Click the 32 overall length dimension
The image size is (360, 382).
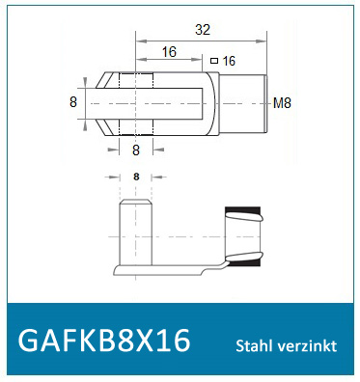pos(202,30)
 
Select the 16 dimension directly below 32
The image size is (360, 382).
pos(169,52)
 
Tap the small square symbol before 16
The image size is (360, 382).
pos(214,61)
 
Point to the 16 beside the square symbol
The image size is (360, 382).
pos(229,61)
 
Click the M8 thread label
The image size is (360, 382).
pos(283,102)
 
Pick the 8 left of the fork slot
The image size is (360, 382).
pos(72,101)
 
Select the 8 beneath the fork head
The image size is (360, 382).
pos(135,150)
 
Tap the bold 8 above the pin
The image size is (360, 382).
pos(135,177)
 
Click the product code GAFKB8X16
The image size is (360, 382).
pos(104,341)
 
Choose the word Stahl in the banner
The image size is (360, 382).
pos(255,345)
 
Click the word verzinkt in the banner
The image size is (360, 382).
pos(308,345)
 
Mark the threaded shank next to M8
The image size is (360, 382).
pos(249,101)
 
